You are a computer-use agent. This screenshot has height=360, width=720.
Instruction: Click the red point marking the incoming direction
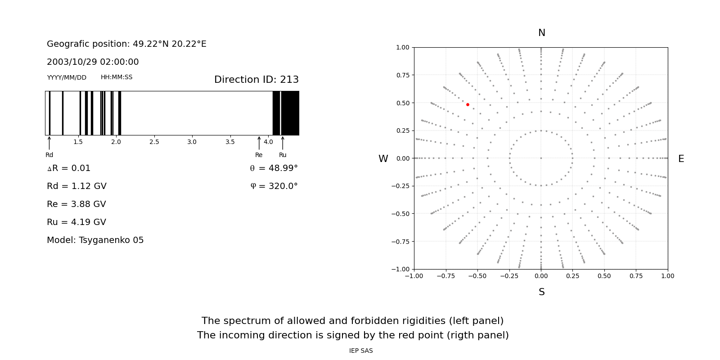(468, 104)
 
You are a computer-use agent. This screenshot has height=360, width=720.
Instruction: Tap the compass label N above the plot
(541, 33)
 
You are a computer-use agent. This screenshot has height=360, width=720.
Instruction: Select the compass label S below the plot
(541, 292)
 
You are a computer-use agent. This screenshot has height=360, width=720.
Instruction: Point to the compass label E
(681, 159)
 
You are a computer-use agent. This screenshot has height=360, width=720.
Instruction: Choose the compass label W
(383, 159)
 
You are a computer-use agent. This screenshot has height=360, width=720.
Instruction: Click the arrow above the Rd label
(49, 143)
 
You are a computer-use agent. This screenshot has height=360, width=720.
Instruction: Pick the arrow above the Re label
(259, 143)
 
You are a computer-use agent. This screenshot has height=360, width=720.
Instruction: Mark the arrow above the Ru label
(283, 143)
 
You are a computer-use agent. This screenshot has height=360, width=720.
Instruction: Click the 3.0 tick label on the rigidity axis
(192, 142)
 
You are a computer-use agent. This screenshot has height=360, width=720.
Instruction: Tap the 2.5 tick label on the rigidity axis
(154, 142)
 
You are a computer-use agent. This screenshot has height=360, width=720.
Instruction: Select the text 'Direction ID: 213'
(256, 80)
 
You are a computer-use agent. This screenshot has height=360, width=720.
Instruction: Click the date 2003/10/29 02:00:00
(93, 62)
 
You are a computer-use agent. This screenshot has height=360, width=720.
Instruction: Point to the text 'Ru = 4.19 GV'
(76, 222)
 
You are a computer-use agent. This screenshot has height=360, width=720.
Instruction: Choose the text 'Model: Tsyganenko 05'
(95, 240)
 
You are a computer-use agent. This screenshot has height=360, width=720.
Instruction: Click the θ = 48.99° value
(274, 168)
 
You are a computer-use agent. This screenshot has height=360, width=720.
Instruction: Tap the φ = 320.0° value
(274, 186)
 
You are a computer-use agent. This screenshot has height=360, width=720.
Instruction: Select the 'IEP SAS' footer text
(361, 351)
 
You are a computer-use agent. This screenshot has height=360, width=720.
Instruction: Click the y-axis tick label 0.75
(403, 75)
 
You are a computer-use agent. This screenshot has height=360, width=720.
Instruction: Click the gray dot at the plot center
(541, 158)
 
